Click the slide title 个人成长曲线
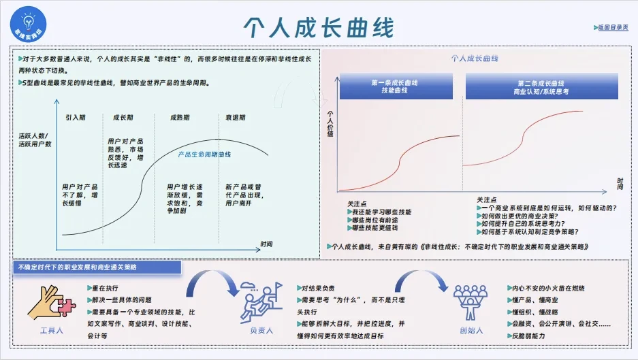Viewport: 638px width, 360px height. pyautogui.click(x=319, y=27)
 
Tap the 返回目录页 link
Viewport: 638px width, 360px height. pyautogui.click(x=612, y=27)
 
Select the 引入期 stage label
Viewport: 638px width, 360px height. pyautogui.click(x=76, y=118)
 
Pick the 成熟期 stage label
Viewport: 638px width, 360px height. pyautogui.click(x=180, y=118)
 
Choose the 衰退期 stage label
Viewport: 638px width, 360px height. pyautogui.click(x=235, y=118)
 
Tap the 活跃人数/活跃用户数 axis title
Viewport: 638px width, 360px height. pyautogui.click(x=35, y=140)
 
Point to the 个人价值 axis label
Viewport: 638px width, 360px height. pyautogui.click(x=330, y=123)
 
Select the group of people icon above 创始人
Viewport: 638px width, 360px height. pyautogui.click(x=471, y=301)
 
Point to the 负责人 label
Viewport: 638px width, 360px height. pyautogui.click(x=261, y=330)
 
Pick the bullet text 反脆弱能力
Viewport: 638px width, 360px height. pyautogui.click(x=530, y=336)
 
